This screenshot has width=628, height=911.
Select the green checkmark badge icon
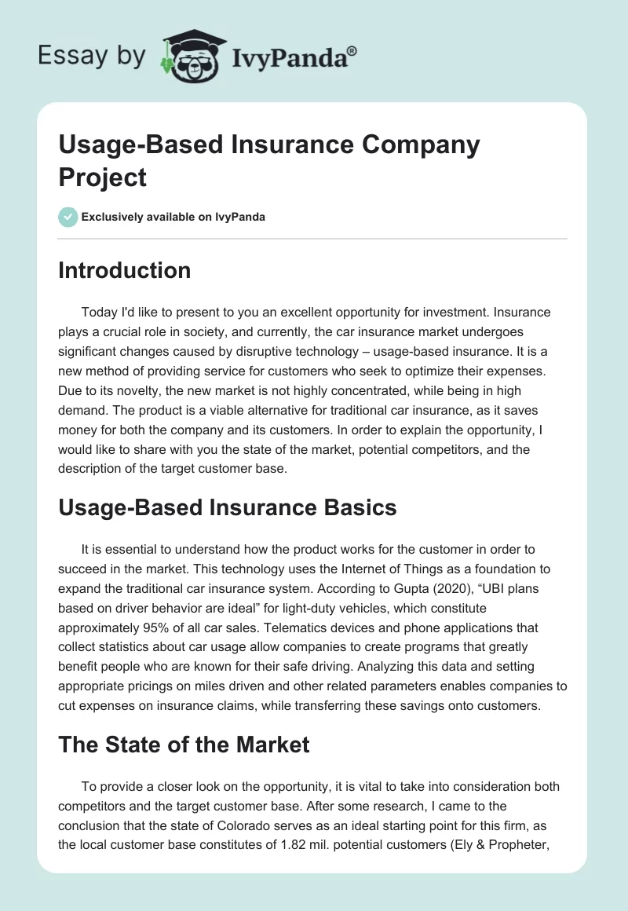(x=68, y=217)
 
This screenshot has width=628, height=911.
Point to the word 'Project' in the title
(x=103, y=177)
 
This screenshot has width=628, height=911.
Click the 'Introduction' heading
(x=124, y=270)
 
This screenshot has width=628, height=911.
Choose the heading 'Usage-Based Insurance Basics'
(x=228, y=507)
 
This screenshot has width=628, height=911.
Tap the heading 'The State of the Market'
(x=184, y=745)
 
